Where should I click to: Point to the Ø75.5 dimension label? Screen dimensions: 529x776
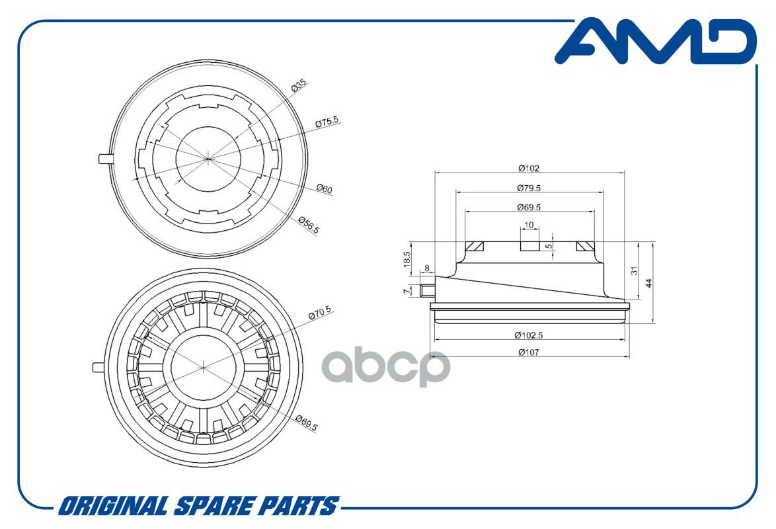point(327,123)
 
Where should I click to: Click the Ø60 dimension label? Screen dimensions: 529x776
point(324,190)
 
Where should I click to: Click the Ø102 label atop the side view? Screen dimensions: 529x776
point(529,169)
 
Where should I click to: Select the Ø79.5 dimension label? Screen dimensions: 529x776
point(529,188)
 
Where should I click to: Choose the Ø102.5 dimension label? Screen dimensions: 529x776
point(529,335)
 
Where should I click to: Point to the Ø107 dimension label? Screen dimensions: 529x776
point(529,352)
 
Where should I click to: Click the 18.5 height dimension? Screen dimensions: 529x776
point(407,258)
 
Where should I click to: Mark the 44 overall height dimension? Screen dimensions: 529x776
point(649,282)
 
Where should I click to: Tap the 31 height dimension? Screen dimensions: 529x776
point(634,271)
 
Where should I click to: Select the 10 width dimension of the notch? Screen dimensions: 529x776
point(529,225)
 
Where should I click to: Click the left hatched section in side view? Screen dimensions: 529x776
point(475,246)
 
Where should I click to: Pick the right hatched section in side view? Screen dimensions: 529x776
point(585,246)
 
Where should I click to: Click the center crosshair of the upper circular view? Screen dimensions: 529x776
point(208,158)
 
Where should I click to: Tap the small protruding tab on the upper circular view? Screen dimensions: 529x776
point(104,158)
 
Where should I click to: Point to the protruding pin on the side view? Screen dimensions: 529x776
point(424,290)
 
